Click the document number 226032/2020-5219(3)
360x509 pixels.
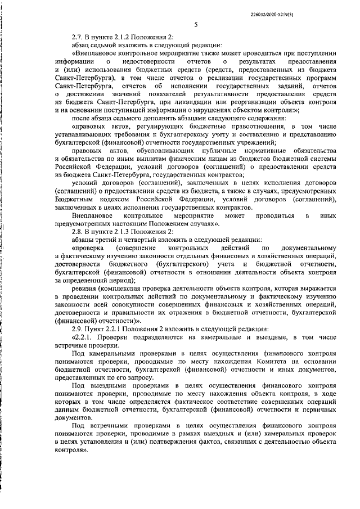pos(317,13)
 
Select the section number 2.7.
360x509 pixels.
pos(79,36)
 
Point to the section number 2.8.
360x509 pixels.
pos(79,232)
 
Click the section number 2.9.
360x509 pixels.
pos(79,328)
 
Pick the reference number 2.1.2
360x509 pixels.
pos(130,36)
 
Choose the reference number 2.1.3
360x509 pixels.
pos(130,232)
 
